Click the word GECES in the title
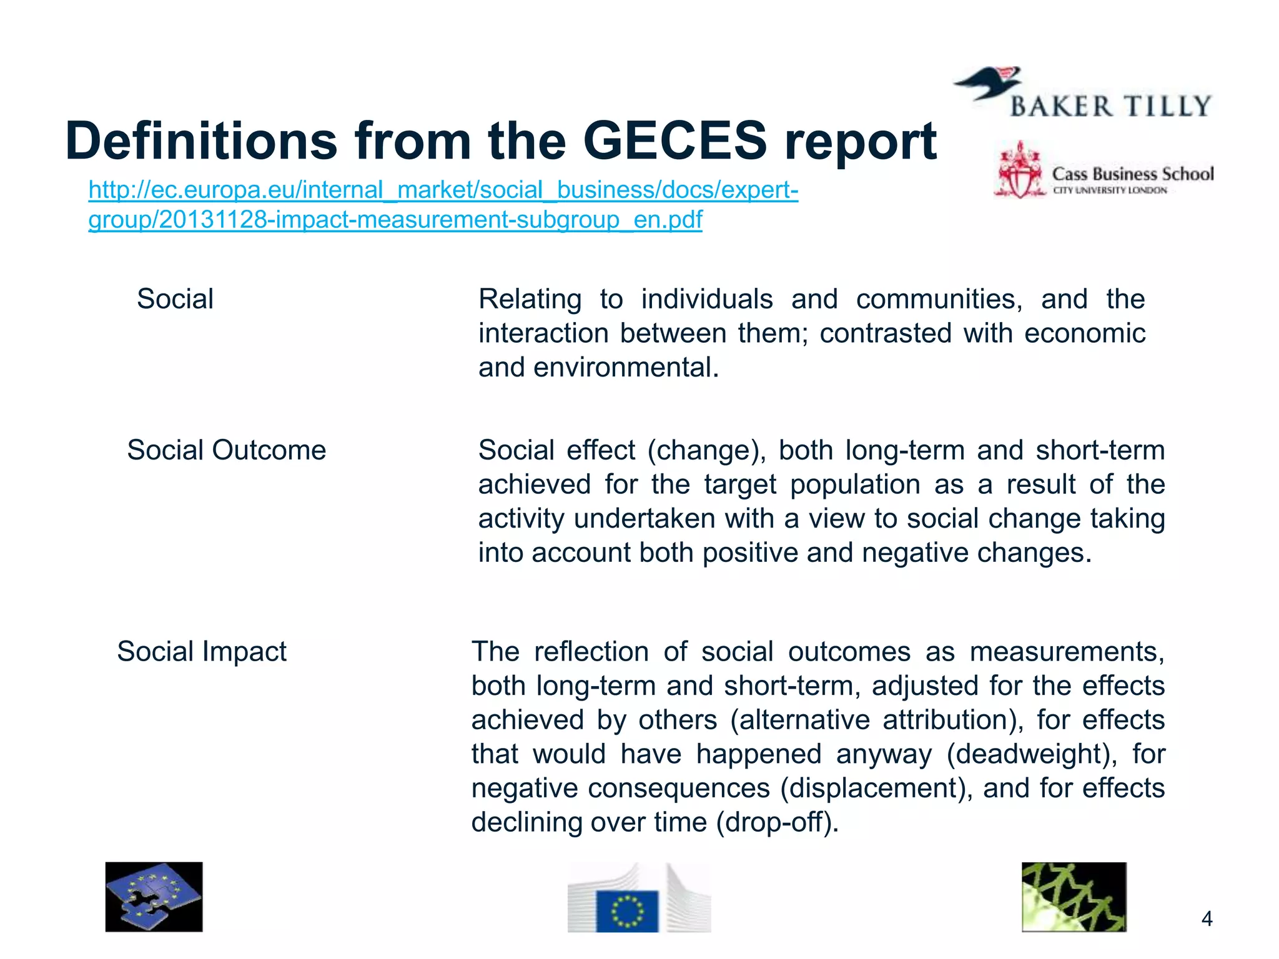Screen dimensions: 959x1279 [674, 141]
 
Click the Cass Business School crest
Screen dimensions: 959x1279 [1019, 170]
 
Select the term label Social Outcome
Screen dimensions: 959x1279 [226, 450]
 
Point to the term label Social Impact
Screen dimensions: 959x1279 [201, 652]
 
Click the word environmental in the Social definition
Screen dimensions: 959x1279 [626, 368]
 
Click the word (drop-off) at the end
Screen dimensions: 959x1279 [773, 822]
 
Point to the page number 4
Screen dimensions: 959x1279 [1207, 919]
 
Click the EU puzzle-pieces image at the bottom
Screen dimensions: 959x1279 [154, 897]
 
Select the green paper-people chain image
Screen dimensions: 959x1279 [1074, 897]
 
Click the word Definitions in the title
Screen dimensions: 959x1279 [200, 141]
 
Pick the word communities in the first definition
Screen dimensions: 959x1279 [939, 299]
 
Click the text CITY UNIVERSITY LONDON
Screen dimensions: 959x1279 [1110, 190]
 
